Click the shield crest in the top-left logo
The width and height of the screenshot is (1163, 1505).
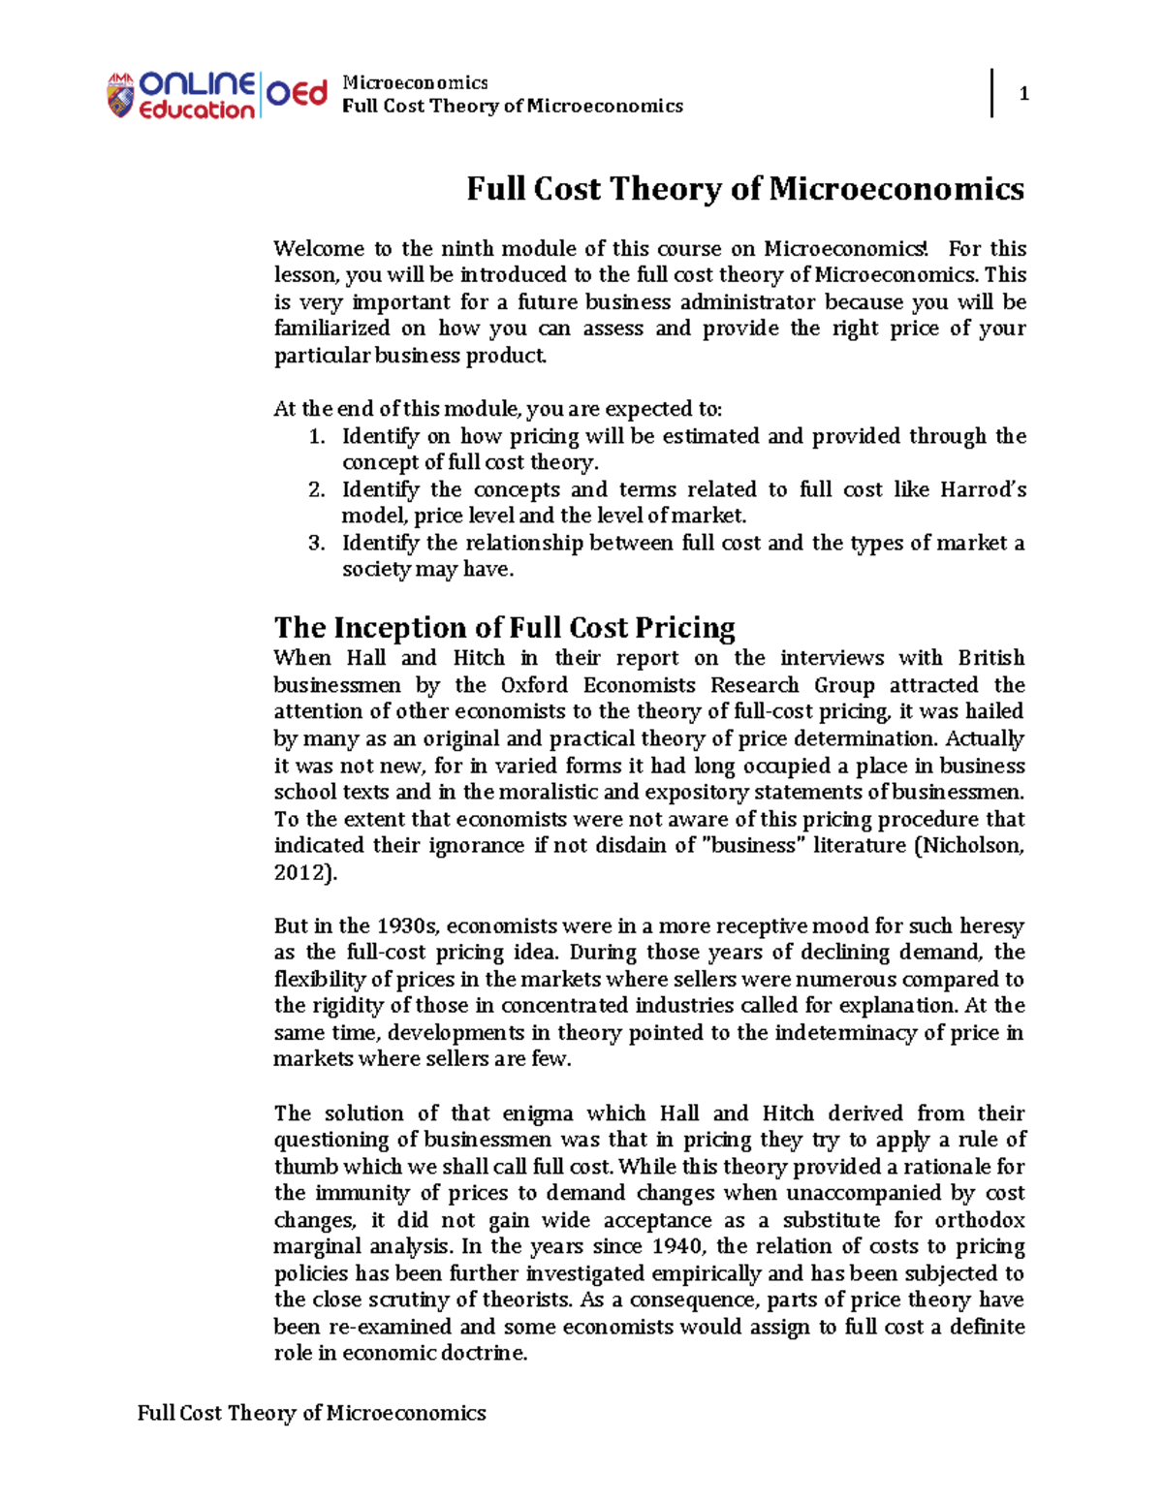pyautogui.click(x=120, y=96)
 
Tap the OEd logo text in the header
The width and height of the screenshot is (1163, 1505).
pyautogui.click(x=297, y=94)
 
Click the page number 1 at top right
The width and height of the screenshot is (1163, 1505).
pyautogui.click(x=1023, y=94)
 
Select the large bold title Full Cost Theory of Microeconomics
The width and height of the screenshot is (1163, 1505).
pyautogui.click(x=744, y=188)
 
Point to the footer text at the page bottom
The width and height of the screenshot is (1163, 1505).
pyautogui.click(x=311, y=1413)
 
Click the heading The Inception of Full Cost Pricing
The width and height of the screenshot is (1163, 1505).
pyautogui.click(x=504, y=628)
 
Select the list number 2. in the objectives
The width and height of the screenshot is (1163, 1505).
pyautogui.click(x=317, y=490)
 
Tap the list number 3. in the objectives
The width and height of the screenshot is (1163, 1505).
pyautogui.click(x=317, y=544)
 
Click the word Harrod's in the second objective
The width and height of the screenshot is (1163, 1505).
pyautogui.click(x=983, y=490)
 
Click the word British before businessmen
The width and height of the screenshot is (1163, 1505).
pyautogui.click(x=990, y=658)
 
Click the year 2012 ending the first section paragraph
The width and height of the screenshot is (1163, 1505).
pyautogui.click(x=300, y=872)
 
